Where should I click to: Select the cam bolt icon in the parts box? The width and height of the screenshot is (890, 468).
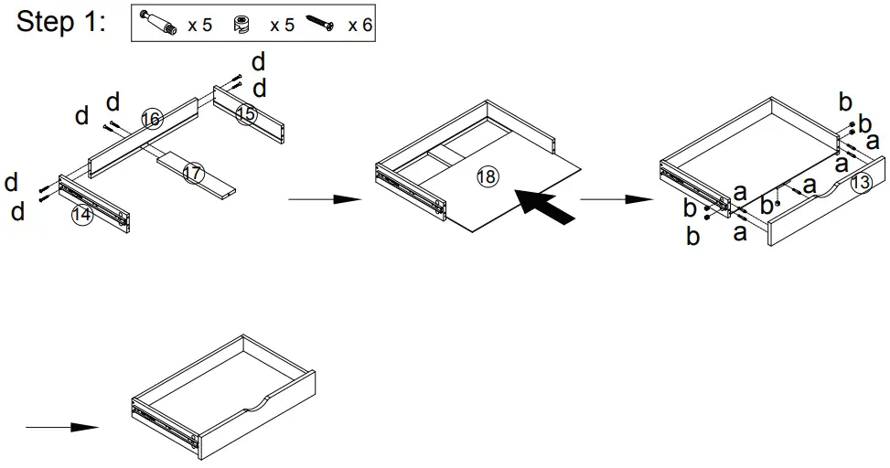[160, 24]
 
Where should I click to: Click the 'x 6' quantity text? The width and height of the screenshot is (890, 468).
[360, 25]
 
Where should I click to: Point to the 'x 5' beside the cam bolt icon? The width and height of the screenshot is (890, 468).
[199, 25]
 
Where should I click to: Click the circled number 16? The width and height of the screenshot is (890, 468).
[152, 119]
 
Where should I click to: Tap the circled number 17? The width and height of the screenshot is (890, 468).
[192, 172]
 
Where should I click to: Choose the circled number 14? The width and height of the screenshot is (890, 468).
[82, 216]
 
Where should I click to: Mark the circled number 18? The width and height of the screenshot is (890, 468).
[488, 177]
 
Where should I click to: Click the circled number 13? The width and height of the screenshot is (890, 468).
[860, 182]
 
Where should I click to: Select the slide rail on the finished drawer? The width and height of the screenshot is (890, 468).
[166, 422]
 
